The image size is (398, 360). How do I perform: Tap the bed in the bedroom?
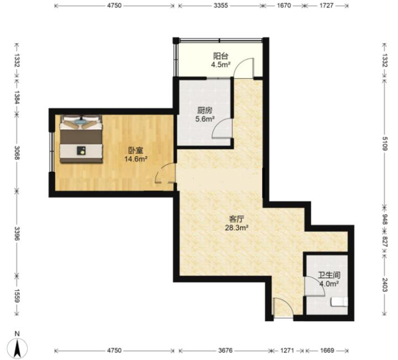click(x=81, y=139)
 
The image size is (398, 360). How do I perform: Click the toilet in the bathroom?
click(x=339, y=302)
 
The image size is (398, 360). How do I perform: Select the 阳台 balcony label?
click(x=221, y=56)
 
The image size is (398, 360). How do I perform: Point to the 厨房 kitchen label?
click(x=205, y=110)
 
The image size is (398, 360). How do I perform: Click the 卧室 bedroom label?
click(x=136, y=151)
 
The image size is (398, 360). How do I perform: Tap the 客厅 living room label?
click(x=237, y=219)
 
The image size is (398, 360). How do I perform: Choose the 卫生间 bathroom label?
click(x=329, y=275)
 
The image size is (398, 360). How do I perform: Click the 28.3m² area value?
click(x=237, y=227)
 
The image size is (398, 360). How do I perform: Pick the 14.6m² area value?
click(x=136, y=159)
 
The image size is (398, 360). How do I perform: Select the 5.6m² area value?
click(x=205, y=119)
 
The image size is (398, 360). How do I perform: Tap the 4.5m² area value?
click(x=221, y=65)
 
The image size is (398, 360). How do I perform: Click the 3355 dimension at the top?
click(x=221, y=6)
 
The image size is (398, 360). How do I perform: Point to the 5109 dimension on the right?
click(x=385, y=144)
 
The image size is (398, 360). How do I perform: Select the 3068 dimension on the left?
click(x=17, y=152)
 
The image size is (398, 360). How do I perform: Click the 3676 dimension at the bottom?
click(x=225, y=351)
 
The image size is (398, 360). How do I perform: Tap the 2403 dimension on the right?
click(x=385, y=285)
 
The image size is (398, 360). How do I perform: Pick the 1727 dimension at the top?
click(x=326, y=6)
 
